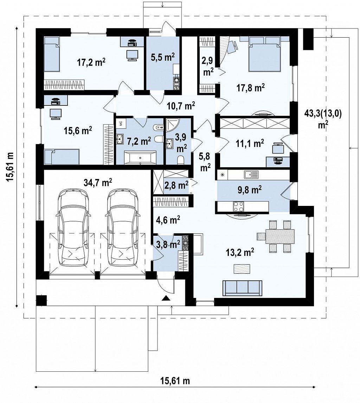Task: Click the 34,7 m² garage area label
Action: tap(98, 183)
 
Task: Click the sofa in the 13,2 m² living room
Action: tap(243, 288)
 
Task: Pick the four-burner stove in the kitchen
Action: tap(238, 207)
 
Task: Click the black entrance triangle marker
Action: tap(166, 298)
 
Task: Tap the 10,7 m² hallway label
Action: tap(181, 105)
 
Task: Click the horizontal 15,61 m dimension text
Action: tap(175, 381)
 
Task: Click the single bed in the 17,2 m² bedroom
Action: tap(52, 54)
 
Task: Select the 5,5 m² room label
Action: tap(163, 57)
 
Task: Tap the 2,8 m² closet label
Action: tap(176, 185)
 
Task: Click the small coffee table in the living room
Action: tap(242, 269)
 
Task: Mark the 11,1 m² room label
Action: tap(250, 143)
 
